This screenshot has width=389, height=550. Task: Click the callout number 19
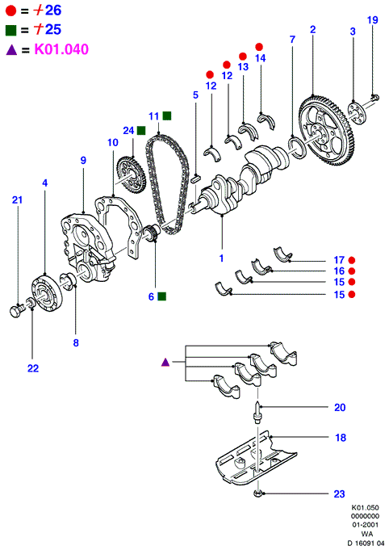(373, 20)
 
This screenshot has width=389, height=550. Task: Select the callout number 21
(17, 200)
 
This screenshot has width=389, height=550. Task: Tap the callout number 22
(33, 368)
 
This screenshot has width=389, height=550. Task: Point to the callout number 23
(339, 494)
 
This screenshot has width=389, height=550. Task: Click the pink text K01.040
(61, 49)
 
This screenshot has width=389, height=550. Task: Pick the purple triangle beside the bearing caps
(165, 362)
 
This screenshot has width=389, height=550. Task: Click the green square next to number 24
(141, 131)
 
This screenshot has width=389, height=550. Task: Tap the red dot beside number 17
(352, 260)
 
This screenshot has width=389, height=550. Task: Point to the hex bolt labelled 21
(16, 310)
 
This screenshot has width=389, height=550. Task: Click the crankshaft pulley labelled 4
(46, 293)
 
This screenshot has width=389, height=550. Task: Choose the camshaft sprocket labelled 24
(131, 174)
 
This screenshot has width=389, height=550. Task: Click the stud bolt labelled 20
(257, 412)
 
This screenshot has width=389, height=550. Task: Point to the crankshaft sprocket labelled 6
(153, 233)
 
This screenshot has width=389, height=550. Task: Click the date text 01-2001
(365, 525)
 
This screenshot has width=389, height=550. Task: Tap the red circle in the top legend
(10, 10)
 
